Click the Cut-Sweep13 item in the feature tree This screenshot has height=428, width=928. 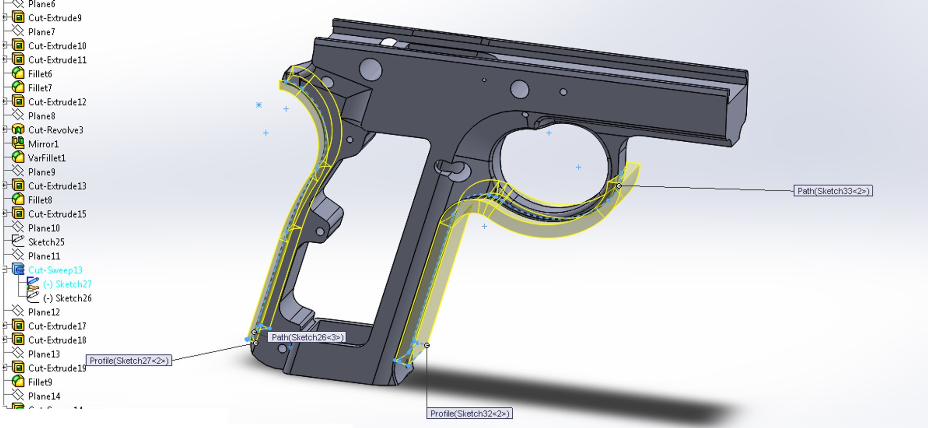55,270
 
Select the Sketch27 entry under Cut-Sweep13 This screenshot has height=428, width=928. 73,284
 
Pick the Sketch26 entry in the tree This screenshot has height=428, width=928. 73,298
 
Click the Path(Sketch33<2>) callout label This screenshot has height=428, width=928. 833,191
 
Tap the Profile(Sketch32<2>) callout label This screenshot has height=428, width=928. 469,413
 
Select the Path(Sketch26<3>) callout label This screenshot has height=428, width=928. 307,337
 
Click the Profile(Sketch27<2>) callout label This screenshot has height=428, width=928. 129,360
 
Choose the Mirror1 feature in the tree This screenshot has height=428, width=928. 43,144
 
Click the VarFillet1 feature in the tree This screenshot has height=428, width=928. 46,158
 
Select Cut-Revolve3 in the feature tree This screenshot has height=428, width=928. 55,130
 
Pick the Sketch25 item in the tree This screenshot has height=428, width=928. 46,242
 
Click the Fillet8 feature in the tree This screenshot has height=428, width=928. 40,200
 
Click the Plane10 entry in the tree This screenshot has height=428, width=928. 43,228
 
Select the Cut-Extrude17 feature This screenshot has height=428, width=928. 57,326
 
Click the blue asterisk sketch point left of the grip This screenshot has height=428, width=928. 259,104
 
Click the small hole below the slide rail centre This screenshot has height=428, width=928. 484,80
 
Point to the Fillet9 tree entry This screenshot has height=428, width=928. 40,382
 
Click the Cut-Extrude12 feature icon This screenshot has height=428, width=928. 18,102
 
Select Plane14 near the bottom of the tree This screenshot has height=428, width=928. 44,396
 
